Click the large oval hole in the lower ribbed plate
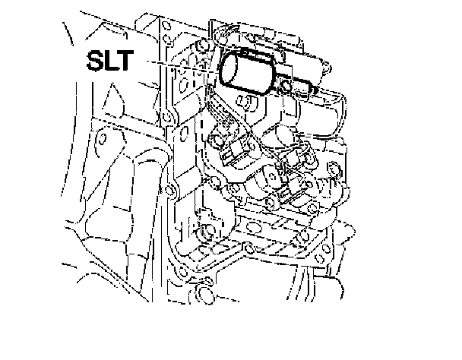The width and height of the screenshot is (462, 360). coord(258,223)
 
